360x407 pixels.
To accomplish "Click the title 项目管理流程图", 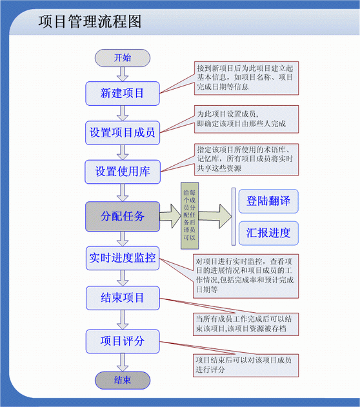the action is click(x=90, y=21).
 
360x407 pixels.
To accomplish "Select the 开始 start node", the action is click(x=123, y=58).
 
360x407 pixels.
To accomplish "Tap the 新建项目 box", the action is click(x=123, y=94).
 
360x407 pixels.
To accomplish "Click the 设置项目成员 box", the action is click(x=123, y=133).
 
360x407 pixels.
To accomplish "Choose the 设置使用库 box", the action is click(x=123, y=172).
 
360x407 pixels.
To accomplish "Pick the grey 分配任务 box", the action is click(x=123, y=216).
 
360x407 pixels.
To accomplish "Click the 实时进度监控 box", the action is click(x=123, y=258).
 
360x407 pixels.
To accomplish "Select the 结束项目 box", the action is click(x=123, y=298).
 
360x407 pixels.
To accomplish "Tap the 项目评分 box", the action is click(x=123, y=341).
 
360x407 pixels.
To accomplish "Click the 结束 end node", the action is click(x=123, y=381).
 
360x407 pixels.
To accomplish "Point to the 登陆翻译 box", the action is click(x=268, y=201).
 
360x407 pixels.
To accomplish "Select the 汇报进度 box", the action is click(x=268, y=233).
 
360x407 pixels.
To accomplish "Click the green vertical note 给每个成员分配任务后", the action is click(x=190, y=215).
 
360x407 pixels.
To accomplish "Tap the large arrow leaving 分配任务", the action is click(x=170, y=216).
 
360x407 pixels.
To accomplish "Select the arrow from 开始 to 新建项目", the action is click(x=123, y=74).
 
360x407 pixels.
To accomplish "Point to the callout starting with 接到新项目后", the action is click(x=246, y=78).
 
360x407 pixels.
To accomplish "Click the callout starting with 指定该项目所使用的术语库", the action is click(x=246, y=159).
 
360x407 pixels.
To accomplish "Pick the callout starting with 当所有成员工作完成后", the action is click(x=246, y=324).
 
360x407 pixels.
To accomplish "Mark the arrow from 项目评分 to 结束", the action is click(x=123, y=362).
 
